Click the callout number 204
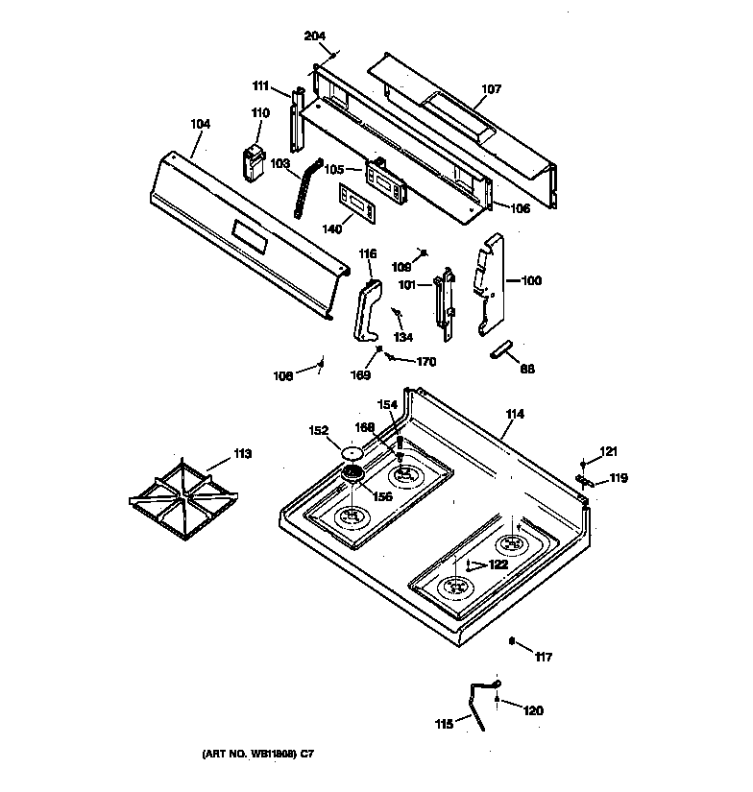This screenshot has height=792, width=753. (315, 36)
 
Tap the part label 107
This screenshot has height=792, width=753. (491, 89)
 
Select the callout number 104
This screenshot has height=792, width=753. (200, 124)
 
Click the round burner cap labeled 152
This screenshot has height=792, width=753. (352, 451)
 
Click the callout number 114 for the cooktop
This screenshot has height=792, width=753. (515, 414)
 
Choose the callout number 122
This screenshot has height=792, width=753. (498, 564)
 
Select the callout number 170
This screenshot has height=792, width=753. (425, 362)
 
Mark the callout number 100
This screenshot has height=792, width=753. (531, 281)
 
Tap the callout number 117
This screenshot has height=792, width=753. (544, 658)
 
